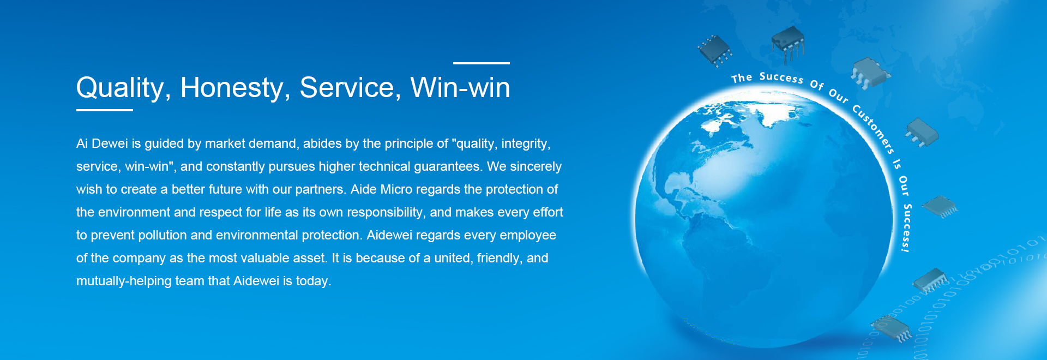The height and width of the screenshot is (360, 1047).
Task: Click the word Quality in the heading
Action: pyautogui.click(x=120, y=88)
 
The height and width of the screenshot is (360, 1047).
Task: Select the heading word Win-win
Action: pyautogui.click(x=460, y=87)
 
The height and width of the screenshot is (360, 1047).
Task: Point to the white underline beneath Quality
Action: pyautogui.click(x=105, y=110)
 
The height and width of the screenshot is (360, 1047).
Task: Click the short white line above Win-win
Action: pyautogui.click(x=482, y=63)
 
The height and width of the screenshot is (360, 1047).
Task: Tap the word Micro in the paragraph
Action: pyautogui.click(x=400, y=189)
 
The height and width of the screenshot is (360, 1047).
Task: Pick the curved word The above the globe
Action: pyautogui.click(x=742, y=78)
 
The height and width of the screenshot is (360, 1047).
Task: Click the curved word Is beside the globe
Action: pyautogui.click(x=897, y=164)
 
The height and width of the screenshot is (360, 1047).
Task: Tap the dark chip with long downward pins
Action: pyautogui.click(x=788, y=44)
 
